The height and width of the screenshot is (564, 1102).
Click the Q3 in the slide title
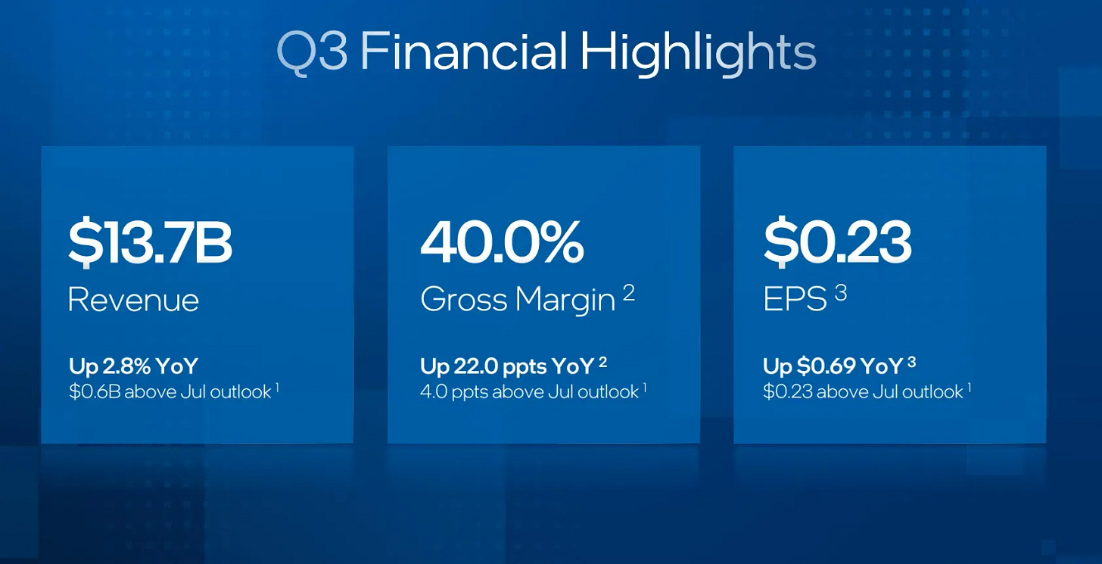pos(312,53)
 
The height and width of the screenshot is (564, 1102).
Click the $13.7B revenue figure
pos(150,243)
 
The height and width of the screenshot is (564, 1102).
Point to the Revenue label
pos(133,300)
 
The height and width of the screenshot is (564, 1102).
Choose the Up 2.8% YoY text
pos(133,366)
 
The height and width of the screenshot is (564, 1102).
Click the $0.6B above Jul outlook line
pos(170,391)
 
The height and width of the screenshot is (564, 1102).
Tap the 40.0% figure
pos(502,243)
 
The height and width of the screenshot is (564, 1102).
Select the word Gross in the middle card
pos(462,300)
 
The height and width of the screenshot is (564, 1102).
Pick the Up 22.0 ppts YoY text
pos(507,366)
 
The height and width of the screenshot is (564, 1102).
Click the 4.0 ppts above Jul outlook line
pos(529,391)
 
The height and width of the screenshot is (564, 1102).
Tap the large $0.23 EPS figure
pos(837,243)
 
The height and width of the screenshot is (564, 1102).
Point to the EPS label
pos(795,300)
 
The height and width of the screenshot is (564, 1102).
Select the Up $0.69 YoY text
pos(833,366)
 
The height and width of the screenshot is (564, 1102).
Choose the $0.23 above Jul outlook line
pos(863,391)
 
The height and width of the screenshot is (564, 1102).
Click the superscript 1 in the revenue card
pos(277,387)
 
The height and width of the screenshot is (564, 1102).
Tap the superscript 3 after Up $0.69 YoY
pos(912,362)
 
